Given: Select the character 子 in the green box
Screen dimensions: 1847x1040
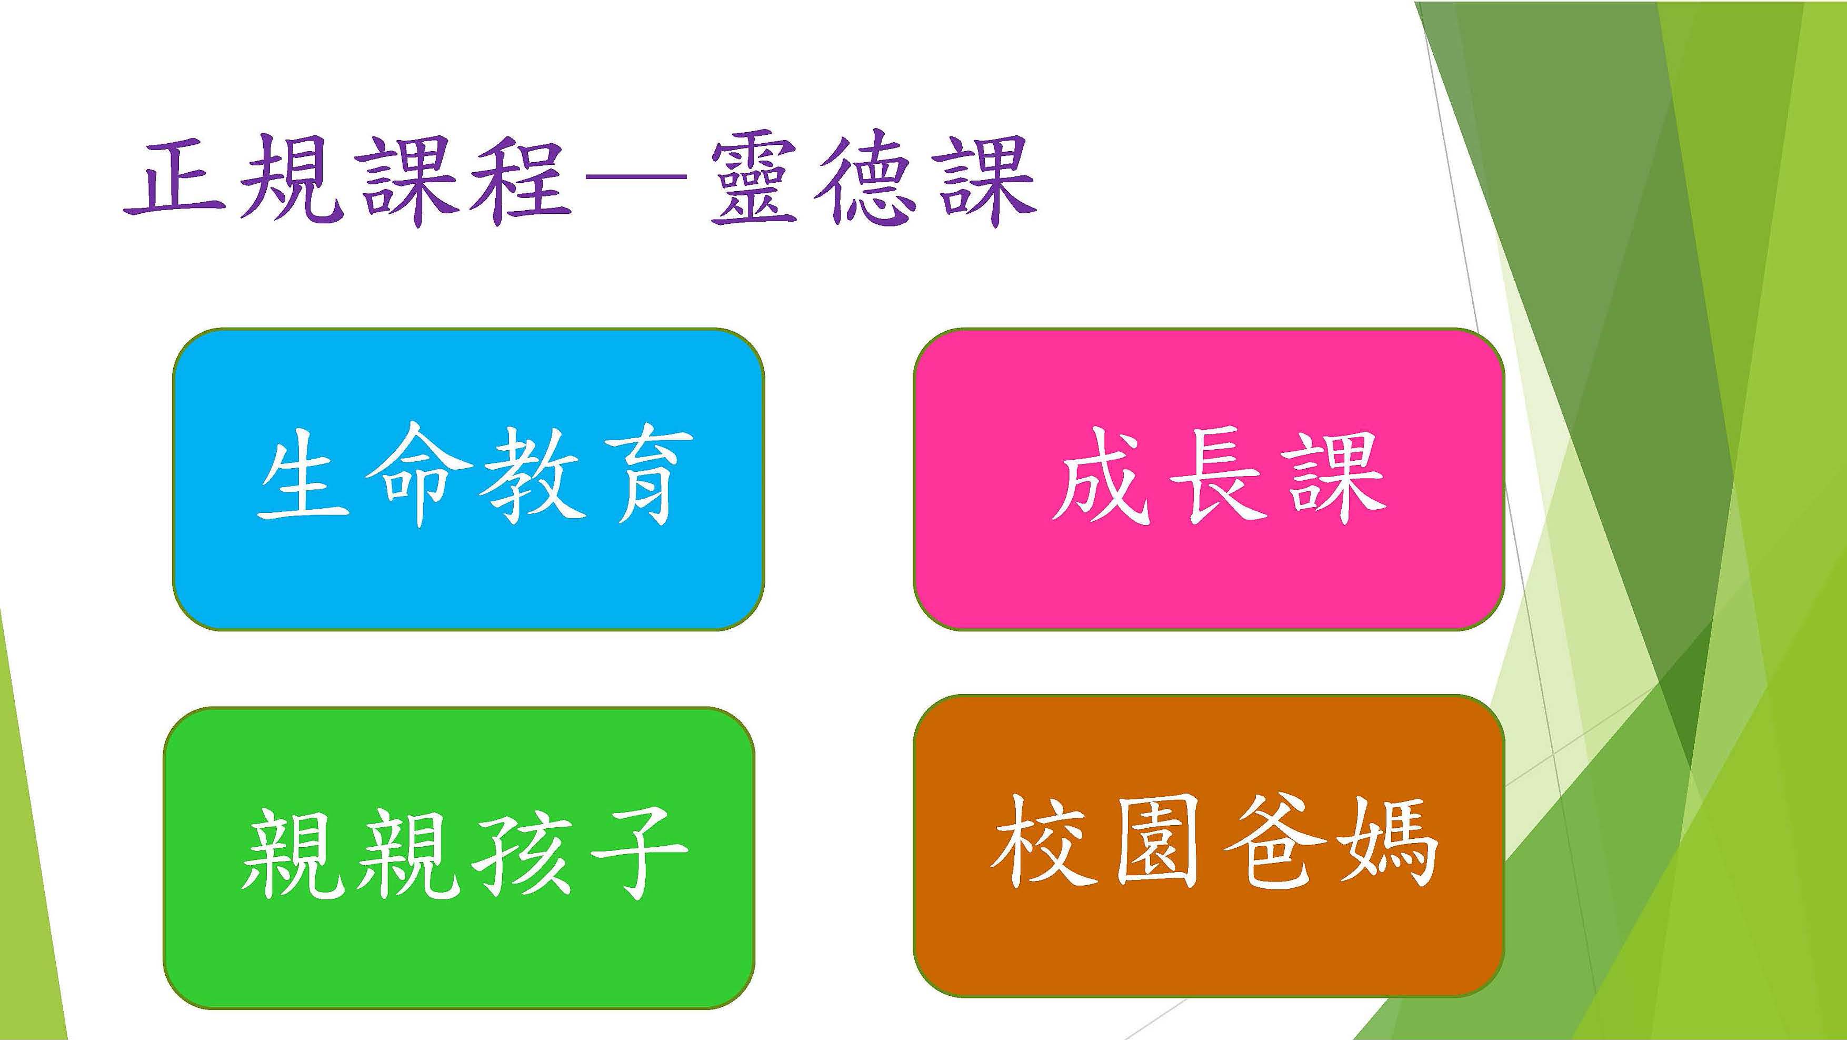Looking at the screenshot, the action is pos(635,853).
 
